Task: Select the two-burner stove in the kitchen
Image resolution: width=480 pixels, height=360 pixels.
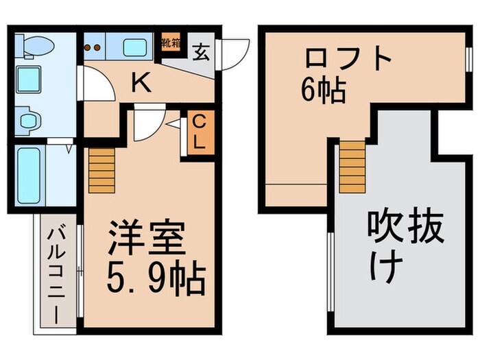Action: tap(94, 48)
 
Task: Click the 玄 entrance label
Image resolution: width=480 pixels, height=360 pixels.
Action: tap(201, 51)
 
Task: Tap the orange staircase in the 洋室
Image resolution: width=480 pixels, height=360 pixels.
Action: tap(101, 169)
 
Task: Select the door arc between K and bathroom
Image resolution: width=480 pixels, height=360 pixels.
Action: tap(96, 85)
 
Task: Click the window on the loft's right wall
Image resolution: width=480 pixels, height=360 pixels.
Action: tap(469, 59)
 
